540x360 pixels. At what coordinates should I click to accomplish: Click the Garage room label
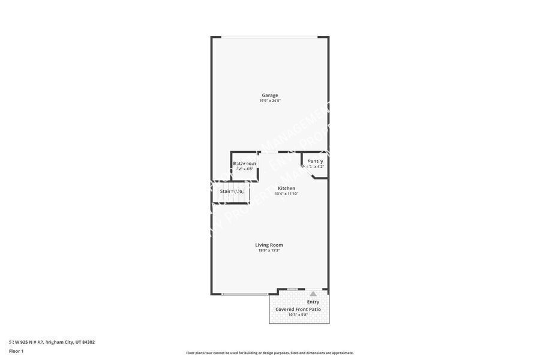pos(269,95)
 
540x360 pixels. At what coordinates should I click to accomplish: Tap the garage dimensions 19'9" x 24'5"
pos(269,101)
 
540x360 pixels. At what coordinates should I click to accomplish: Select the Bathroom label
pos(244,163)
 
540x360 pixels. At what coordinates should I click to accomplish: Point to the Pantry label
pos(315,161)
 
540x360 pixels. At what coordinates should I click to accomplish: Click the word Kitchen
pos(286,188)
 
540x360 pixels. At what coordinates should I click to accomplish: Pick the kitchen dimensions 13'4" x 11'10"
pos(286,194)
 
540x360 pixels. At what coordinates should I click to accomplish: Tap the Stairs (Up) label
pos(231,191)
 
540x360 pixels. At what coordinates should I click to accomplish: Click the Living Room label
pos(269,245)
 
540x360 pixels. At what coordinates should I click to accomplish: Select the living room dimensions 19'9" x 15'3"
pos(269,251)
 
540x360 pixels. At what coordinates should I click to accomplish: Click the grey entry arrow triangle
pos(313,293)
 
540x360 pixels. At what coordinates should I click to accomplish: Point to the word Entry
pos(313,302)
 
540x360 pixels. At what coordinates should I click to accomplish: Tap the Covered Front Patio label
pos(298,309)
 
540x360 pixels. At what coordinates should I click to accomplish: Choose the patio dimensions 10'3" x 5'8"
pos(298,315)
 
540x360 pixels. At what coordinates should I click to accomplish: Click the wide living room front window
pos(245,294)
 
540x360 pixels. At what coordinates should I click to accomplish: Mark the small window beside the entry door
pos(292,289)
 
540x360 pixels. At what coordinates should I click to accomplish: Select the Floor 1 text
pos(16,351)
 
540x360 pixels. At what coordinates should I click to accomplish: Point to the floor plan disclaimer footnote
pos(269,353)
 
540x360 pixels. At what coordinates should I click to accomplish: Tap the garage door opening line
pos(269,37)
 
